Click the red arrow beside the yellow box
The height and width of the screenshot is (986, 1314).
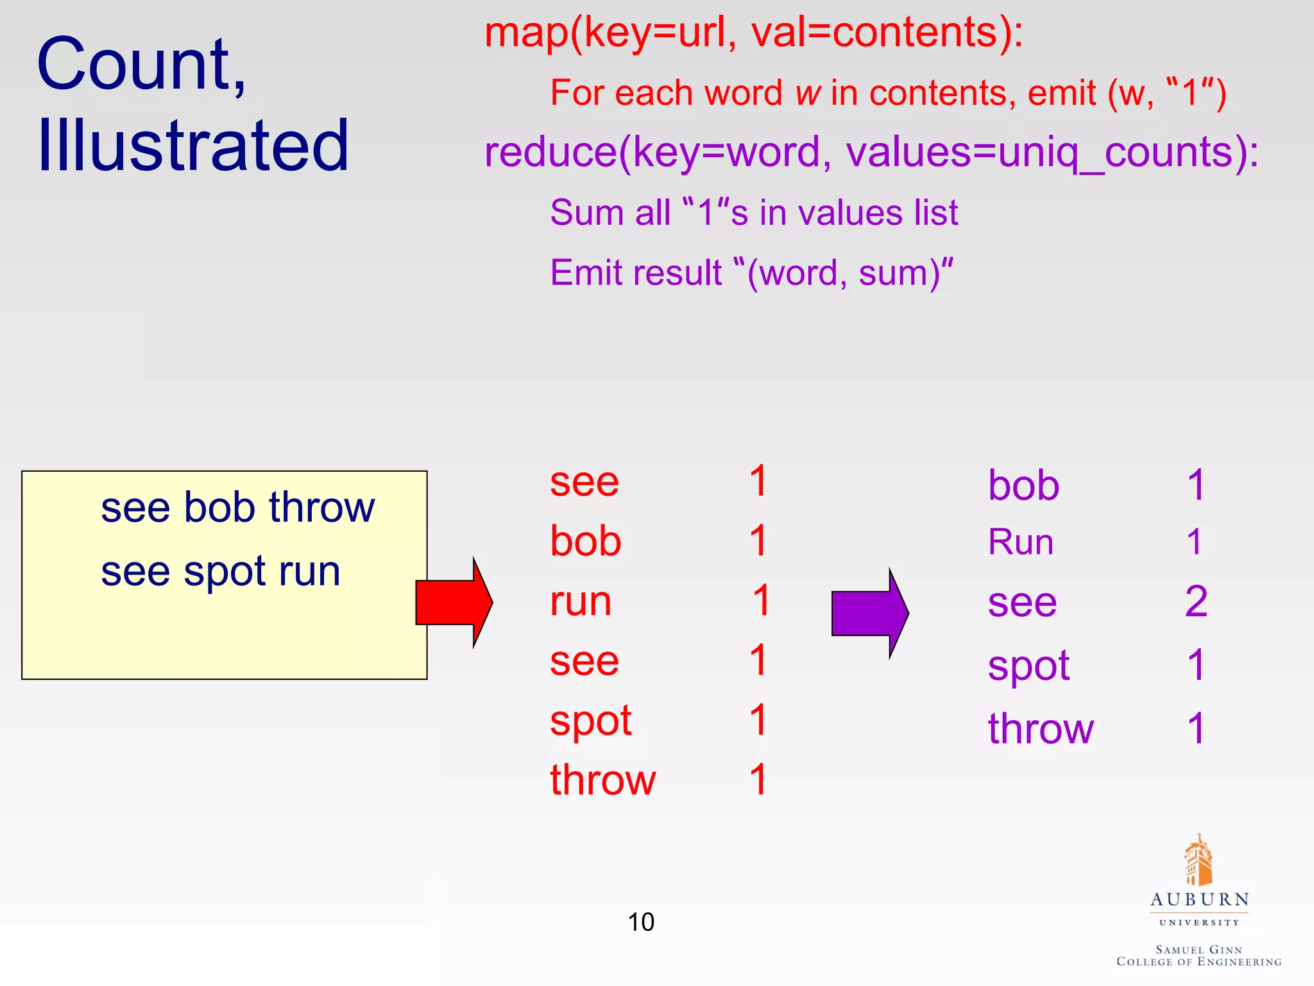pyautogui.click(x=452, y=602)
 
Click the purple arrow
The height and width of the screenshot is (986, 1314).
pyautogui.click(x=868, y=613)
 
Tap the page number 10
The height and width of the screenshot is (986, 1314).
pyautogui.click(x=640, y=922)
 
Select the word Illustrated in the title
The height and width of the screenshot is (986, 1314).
pyautogui.click(x=192, y=146)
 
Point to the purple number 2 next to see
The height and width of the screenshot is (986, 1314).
pyautogui.click(x=1196, y=601)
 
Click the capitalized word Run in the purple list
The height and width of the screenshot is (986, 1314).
pyautogui.click(x=1020, y=542)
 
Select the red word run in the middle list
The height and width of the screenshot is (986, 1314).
pyautogui.click(x=581, y=601)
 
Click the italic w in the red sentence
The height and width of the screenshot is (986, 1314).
pyautogui.click(x=808, y=93)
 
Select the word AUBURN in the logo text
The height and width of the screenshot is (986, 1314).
pyautogui.click(x=1199, y=899)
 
